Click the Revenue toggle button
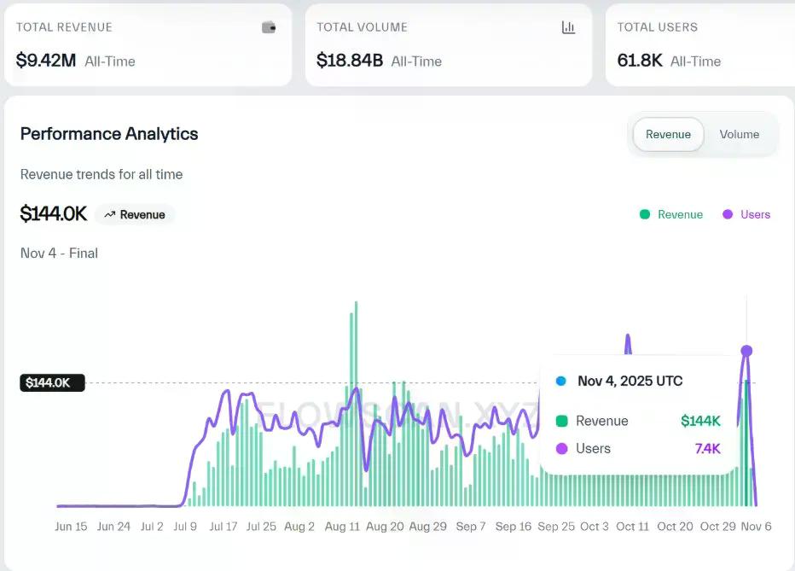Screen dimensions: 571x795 coord(668,134)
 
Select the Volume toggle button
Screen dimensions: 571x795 coord(739,134)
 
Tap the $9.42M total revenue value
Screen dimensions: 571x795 coord(45,61)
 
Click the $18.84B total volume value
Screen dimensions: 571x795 coord(351,61)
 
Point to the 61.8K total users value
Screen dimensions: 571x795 coord(641,61)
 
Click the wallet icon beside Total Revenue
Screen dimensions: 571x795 coord(269,27)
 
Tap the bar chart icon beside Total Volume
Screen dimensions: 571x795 coord(569,27)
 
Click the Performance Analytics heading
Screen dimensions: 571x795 coord(109,134)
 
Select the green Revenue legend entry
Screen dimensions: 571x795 coord(671,214)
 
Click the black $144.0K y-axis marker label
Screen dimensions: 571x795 coord(52,382)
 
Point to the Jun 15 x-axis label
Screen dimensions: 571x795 coord(71,527)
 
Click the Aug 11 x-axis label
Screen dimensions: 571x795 coord(342,527)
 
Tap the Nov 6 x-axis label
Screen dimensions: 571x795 coord(756,527)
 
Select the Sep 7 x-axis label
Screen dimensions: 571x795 coord(471,527)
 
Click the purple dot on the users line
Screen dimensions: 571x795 coord(746,351)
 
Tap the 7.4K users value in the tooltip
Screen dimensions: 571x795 coord(707,448)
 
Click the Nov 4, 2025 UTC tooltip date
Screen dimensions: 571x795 coord(630,381)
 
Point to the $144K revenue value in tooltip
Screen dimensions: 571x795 coord(700,421)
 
